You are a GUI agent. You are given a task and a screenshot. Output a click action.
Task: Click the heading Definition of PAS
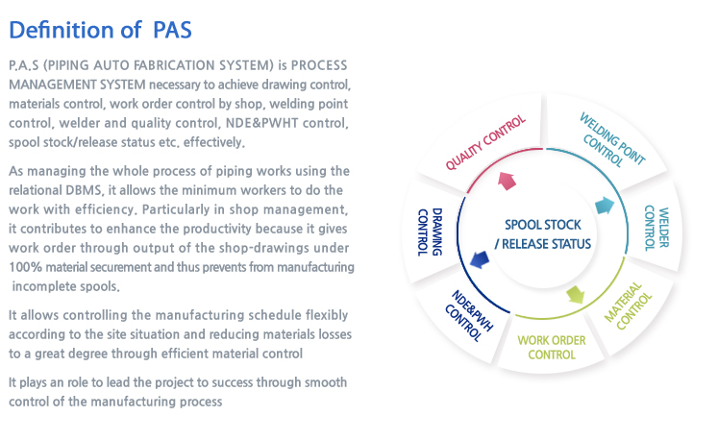tap(100, 30)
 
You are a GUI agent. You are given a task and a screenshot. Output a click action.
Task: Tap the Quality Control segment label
tap(485, 142)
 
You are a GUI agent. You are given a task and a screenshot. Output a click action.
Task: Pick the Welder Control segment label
tap(656, 228)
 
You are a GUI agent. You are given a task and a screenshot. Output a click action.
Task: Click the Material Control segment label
tap(629, 306)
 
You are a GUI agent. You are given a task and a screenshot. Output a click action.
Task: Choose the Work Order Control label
tap(552, 348)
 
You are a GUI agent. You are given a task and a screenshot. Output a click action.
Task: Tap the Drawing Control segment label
tap(430, 232)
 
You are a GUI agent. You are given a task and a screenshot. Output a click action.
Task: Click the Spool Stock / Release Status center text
tap(543, 234)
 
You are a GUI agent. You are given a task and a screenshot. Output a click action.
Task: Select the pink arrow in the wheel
tap(507, 181)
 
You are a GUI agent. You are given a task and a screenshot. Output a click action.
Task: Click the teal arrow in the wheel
tap(605, 206)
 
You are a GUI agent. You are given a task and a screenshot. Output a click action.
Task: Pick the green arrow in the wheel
tap(576, 294)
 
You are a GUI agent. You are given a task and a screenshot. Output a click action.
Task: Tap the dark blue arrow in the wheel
tap(480, 259)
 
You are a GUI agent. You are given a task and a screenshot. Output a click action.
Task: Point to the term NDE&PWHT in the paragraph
tap(262, 123)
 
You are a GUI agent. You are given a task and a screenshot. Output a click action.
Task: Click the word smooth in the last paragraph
tap(326, 382)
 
